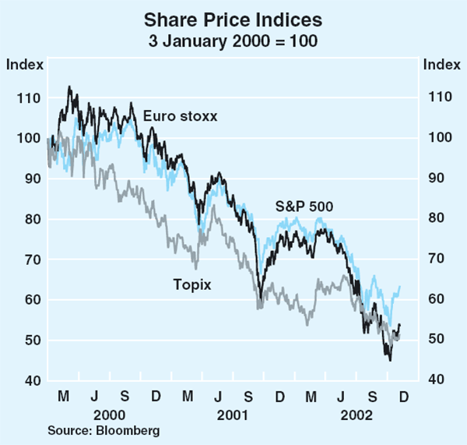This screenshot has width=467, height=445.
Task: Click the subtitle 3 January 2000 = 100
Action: click(x=233, y=40)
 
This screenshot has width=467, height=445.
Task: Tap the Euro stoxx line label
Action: click(x=180, y=116)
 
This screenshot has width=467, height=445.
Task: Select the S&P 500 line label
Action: click(x=304, y=207)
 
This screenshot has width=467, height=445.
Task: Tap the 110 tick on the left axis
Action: click(x=24, y=97)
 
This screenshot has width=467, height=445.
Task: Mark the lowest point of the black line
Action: click(x=389, y=360)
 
